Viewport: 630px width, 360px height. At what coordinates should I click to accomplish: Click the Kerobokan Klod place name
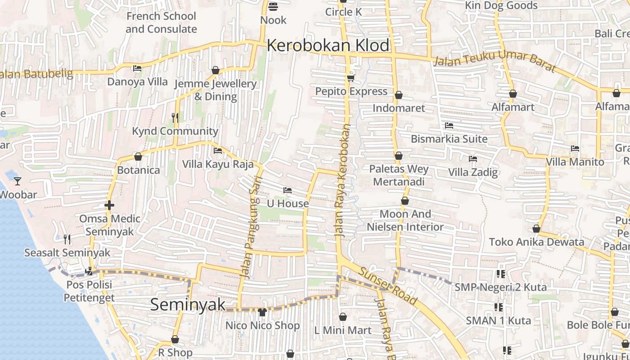[x=328, y=45]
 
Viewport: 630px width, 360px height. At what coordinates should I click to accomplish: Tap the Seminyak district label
[x=188, y=305]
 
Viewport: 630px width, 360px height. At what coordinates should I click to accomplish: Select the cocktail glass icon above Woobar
[x=18, y=181]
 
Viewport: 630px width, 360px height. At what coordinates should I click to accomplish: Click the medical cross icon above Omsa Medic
[x=109, y=206]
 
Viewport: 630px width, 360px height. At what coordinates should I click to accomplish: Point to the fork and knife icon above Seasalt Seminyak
[x=67, y=239]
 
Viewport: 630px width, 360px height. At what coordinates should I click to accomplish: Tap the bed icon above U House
[x=288, y=190]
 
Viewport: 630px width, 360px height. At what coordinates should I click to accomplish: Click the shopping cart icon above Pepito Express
[x=351, y=78]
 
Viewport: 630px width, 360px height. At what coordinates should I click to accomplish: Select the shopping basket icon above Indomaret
[x=398, y=95]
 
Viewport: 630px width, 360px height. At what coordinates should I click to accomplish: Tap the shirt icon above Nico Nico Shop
[x=262, y=311]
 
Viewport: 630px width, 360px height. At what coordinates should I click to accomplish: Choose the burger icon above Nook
[x=273, y=6]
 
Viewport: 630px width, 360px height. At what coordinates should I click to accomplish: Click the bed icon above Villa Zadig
[x=472, y=159]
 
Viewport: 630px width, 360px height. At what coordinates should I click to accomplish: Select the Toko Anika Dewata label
[x=536, y=242]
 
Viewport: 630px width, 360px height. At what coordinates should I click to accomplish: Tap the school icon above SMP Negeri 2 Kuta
[x=500, y=274]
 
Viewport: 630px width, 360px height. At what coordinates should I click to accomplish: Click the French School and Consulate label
[x=161, y=22]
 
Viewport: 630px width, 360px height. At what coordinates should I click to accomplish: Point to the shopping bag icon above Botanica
[x=138, y=157]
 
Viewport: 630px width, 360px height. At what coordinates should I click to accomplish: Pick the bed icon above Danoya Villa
[x=137, y=68]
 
